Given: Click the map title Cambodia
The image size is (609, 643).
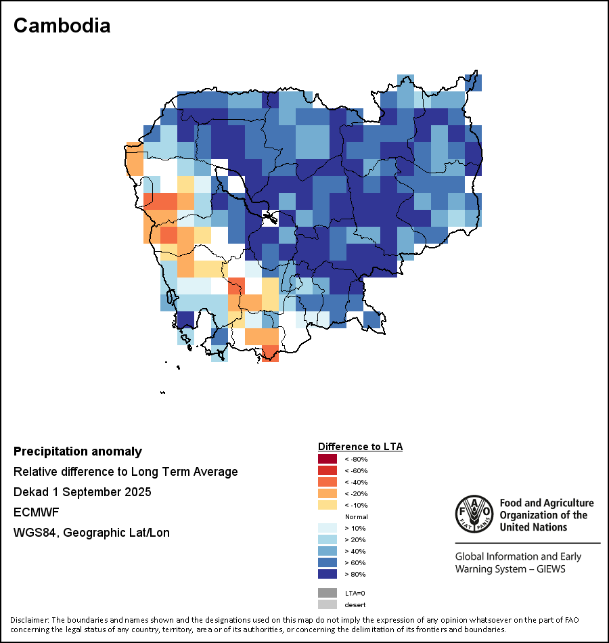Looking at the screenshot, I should [x=62, y=26].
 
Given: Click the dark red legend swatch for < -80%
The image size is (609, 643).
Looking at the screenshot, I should [x=327, y=459].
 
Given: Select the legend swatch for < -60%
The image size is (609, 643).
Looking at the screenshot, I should [x=327, y=470].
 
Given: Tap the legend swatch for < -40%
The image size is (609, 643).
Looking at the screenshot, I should [x=327, y=482].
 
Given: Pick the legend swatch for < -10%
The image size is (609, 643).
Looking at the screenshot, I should [x=327, y=505].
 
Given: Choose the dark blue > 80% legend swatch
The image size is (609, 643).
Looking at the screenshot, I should [x=327, y=574].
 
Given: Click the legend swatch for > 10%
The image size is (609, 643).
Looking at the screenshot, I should [x=327, y=528].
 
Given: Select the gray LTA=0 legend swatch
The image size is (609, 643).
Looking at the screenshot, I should [x=327, y=593].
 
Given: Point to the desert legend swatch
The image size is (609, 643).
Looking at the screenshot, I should [x=327, y=604].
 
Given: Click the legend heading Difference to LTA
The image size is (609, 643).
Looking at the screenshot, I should [x=360, y=447].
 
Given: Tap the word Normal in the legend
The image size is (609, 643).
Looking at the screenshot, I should [x=356, y=516].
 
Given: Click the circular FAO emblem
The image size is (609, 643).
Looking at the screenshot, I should [x=474, y=515].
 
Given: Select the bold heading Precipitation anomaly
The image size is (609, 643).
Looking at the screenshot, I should [x=78, y=451].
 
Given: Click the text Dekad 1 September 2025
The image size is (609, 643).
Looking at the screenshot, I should [x=83, y=492].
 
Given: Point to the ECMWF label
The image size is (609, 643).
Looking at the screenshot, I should [x=36, y=512].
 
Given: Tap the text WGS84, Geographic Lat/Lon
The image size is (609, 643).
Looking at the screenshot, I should [x=91, y=533].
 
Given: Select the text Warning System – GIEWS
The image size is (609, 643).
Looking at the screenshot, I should [x=510, y=569].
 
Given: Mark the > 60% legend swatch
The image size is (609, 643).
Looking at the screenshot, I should [x=327, y=562].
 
